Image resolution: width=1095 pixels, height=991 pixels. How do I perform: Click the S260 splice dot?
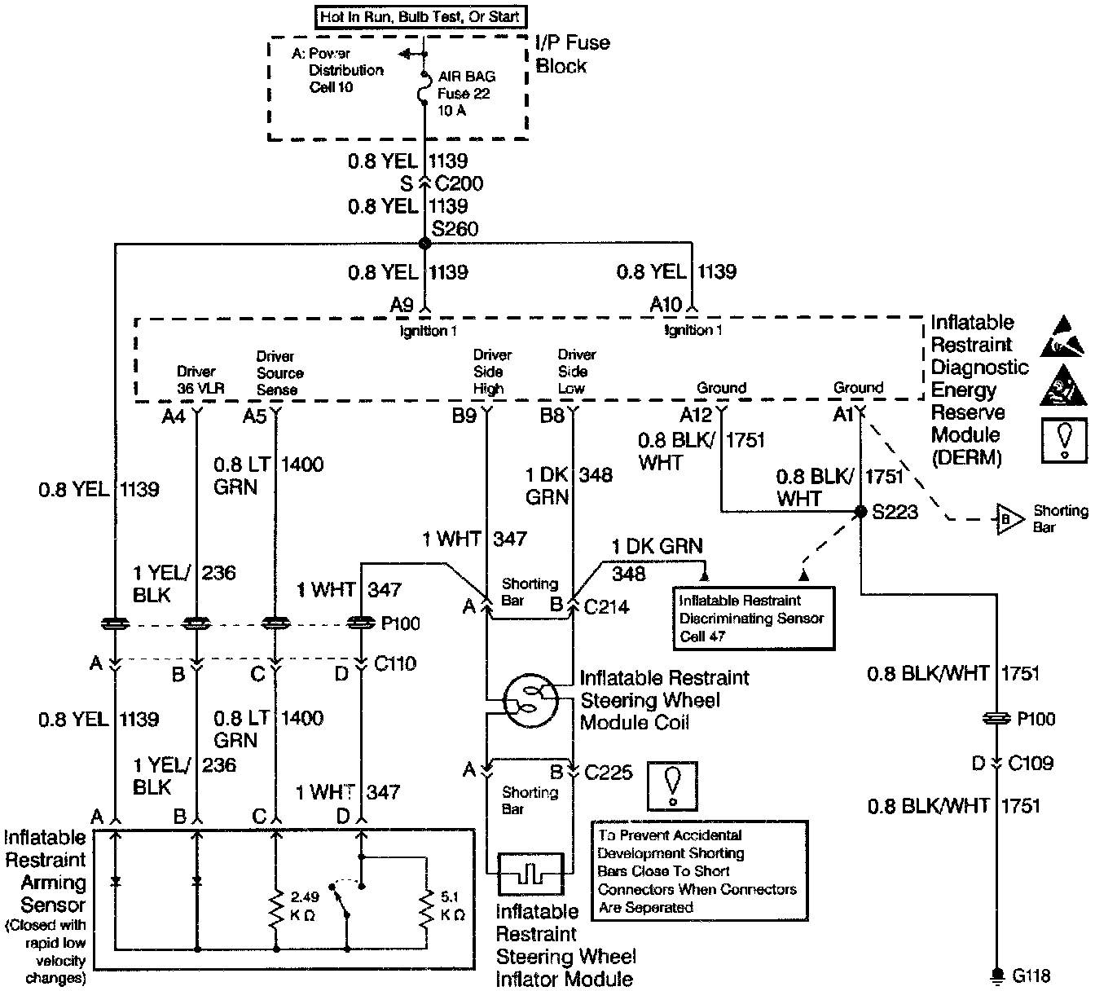[x=424, y=243]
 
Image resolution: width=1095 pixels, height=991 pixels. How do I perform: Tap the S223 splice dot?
[x=860, y=512]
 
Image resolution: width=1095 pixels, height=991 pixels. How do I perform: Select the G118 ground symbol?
[x=996, y=974]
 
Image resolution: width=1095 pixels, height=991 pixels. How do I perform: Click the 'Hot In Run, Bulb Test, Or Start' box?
[x=420, y=16]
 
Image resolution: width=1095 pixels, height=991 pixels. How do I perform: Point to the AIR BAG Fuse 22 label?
[x=466, y=94]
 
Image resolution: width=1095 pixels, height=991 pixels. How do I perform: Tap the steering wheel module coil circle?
[x=530, y=698]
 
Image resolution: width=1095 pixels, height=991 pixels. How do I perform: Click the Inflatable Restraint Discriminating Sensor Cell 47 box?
[x=752, y=619]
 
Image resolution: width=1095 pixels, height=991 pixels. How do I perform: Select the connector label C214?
[x=607, y=606]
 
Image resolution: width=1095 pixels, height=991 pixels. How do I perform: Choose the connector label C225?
[x=609, y=771]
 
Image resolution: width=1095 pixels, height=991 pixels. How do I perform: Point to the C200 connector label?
[x=459, y=183]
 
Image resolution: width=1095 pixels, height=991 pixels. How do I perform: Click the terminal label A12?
[x=696, y=416]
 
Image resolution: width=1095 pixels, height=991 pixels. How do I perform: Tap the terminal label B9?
[x=464, y=416]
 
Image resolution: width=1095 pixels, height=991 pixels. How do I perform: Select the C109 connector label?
[x=1031, y=764]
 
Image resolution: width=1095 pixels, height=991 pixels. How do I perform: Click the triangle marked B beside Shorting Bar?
[x=1005, y=519]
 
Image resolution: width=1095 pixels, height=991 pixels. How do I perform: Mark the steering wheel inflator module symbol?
[x=530, y=874]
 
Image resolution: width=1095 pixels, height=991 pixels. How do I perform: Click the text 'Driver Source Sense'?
[x=279, y=373]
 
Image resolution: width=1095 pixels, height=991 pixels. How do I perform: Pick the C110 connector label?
[x=395, y=663]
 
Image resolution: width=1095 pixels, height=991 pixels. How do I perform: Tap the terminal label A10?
[x=666, y=305]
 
